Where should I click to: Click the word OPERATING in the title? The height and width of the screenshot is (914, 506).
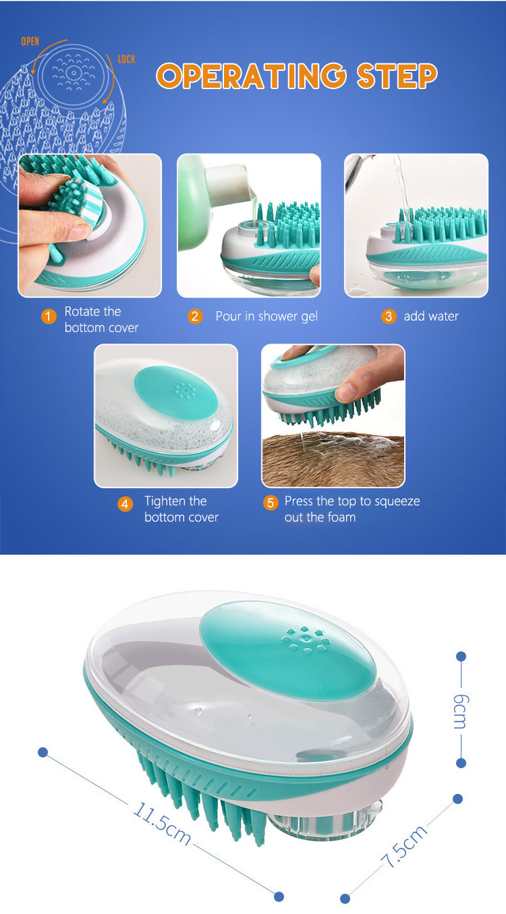pyautogui.click(x=256, y=77)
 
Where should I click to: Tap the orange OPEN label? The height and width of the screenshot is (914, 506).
pyautogui.click(x=30, y=41)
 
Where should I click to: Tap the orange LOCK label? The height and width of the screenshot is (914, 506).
pyautogui.click(x=126, y=59)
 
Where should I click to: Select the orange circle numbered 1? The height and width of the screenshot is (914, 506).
pyautogui.click(x=48, y=316)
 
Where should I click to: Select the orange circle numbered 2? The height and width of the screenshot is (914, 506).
pyautogui.click(x=195, y=316)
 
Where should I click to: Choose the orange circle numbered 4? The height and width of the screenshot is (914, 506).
pyautogui.click(x=125, y=504)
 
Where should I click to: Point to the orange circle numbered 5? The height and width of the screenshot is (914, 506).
pyautogui.click(x=271, y=502)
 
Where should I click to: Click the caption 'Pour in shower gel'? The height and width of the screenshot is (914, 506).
pyautogui.click(x=266, y=316)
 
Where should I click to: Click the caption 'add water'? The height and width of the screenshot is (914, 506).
pyautogui.click(x=431, y=316)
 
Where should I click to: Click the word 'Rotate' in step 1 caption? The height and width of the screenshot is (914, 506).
pyautogui.click(x=82, y=311)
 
